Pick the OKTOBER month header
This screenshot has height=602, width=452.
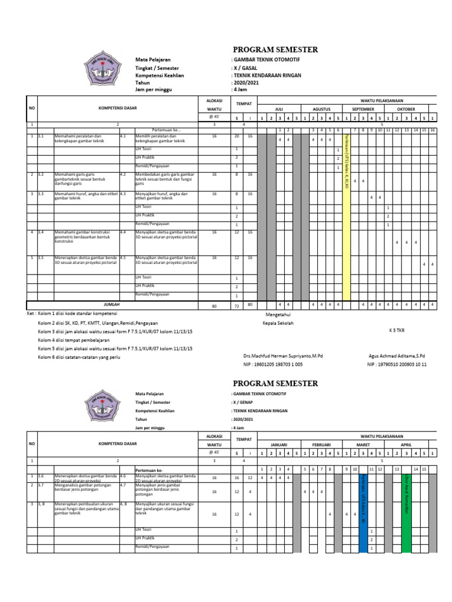[x=406, y=109]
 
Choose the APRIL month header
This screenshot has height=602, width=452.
[x=406, y=446]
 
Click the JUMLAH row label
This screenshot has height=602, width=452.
[x=112, y=305]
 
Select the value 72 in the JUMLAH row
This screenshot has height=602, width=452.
[x=237, y=306]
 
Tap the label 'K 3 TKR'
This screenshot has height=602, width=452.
[x=397, y=330]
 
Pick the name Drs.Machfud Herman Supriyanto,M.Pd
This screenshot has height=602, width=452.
[x=283, y=356]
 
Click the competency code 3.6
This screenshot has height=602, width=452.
[x=41, y=476]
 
